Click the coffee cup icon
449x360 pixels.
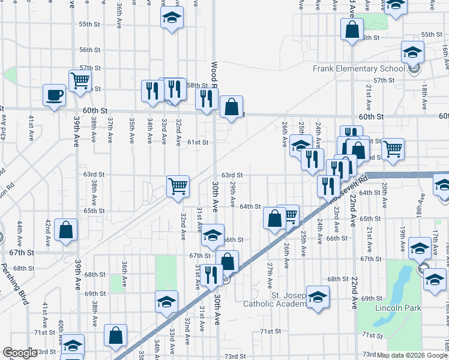[x=54, y=94]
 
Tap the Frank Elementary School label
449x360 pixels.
[x=358, y=68]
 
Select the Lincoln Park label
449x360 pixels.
[x=397, y=308]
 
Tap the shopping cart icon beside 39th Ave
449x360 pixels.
[x=79, y=79]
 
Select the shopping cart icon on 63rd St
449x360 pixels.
[x=178, y=185]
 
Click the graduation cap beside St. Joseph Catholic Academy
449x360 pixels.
[x=318, y=296]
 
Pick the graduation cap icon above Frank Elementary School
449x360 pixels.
[x=412, y=52]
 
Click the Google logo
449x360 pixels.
[x=20, y=353]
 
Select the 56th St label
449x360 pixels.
[x=89, y=50]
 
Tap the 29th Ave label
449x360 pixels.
[x=233, y=192]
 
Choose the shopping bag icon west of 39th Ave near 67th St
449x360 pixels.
[x=65, y=229]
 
